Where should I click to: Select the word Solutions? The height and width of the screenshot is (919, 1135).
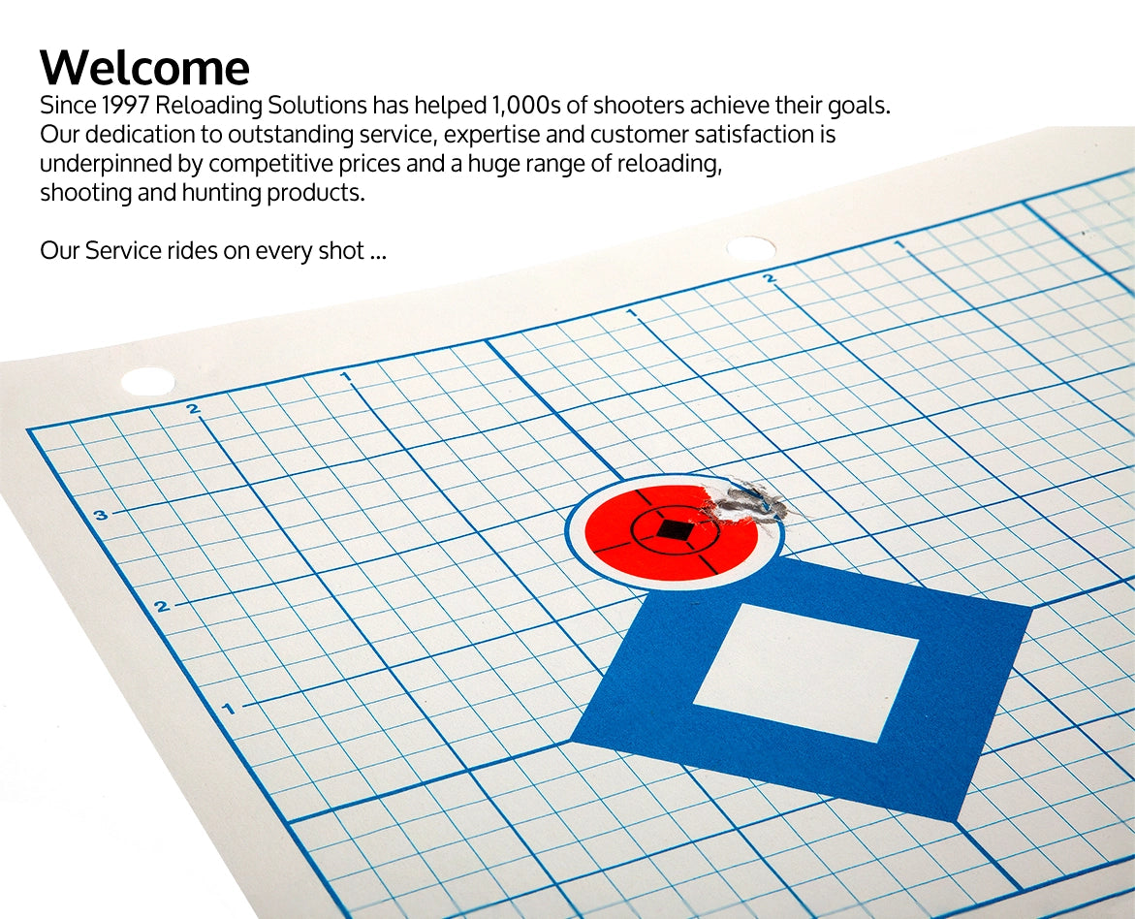(317, 106)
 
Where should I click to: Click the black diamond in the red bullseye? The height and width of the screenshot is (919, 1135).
(674, 530)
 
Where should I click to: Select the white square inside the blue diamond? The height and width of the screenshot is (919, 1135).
(805, 672)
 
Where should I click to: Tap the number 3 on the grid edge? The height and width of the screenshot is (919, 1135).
(101, 515)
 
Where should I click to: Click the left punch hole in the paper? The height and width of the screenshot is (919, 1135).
(147, 381)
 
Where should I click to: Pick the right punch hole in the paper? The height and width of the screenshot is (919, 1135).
(750, 248)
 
